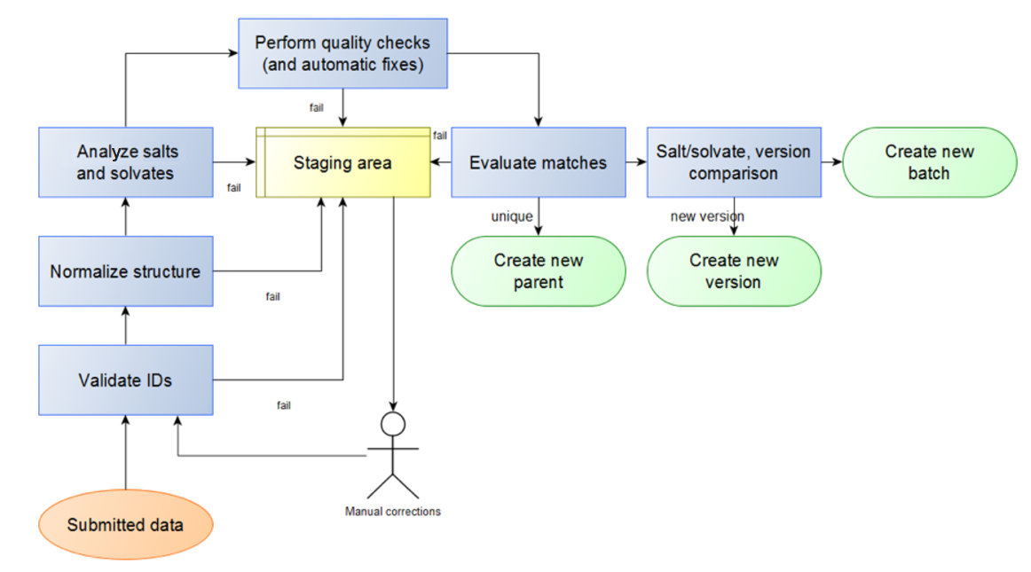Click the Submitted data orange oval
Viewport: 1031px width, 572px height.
coord(125,525)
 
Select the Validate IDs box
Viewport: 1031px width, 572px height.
coord(125,380)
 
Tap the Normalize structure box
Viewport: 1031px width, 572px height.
coord(125,271)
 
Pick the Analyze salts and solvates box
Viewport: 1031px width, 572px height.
coord(125,162)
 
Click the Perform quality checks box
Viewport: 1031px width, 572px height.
coord(342,53)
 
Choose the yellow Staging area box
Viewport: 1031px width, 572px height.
coord(342,163)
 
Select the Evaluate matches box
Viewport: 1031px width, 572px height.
coord(538,162)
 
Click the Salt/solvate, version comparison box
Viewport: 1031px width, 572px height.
coord(733,162)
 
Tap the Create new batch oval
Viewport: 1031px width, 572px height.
coord(928,162)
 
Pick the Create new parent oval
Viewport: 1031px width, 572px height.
coord(538,271)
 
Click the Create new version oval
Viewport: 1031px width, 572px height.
coord(733,271)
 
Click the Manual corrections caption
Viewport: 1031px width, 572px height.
coord(393,512)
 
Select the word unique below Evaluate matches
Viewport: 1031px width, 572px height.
coord(512,216)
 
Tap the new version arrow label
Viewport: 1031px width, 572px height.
coord(707,216)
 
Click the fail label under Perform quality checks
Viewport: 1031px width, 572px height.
coord(316,108)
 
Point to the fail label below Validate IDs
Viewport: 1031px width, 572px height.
coord(283,405)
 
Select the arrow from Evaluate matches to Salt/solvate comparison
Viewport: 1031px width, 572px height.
coord(635,162)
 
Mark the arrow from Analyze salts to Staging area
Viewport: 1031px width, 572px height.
coord(234,162)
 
